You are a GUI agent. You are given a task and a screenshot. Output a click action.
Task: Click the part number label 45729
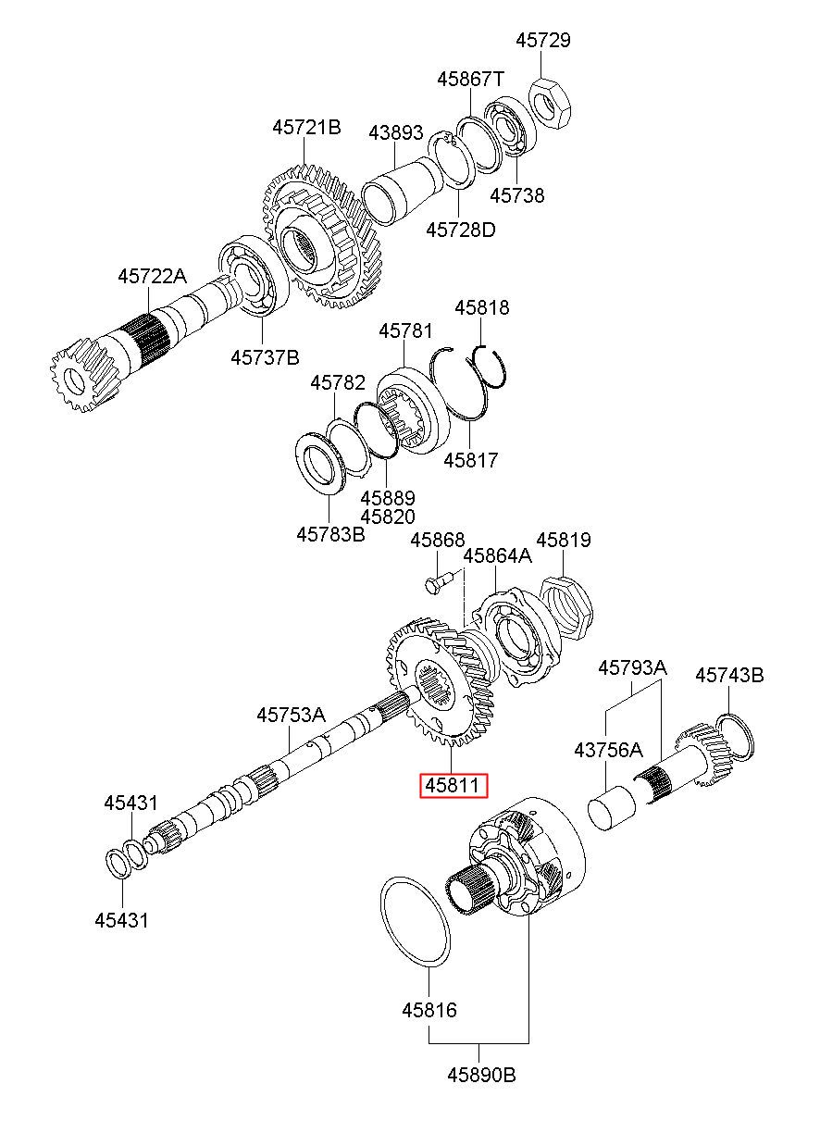[x=543, y=40]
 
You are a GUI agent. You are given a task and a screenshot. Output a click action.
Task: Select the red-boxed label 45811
[x=453, y=786]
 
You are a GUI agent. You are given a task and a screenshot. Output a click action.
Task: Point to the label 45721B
[x=306, y=127]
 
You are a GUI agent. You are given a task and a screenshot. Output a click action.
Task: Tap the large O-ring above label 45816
[x=416, y=922]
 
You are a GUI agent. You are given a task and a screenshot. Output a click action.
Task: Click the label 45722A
[x=152, y=276]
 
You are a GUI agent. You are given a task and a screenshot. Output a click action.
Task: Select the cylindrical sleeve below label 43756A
[x=611, y=808]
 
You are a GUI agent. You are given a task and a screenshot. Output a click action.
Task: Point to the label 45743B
[x=729, y=676]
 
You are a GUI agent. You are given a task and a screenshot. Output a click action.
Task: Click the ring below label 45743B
[x=735, y=737]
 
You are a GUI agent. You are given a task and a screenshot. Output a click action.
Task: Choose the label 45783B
[x=330, y=534]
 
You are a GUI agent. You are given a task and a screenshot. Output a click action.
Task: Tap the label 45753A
[x=292, y=715]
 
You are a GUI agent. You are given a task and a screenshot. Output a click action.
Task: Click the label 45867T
[x=471, y=79]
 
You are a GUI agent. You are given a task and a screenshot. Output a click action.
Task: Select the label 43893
[x=396, y=132]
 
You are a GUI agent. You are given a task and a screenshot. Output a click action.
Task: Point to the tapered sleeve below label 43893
[x=403, y=191]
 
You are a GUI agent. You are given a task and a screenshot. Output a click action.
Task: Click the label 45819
[x=564, y=540]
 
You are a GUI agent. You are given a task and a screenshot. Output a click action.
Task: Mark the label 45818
[x=482, y=307]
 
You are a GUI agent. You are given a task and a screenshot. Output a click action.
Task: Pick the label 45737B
[x=266, y=357]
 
